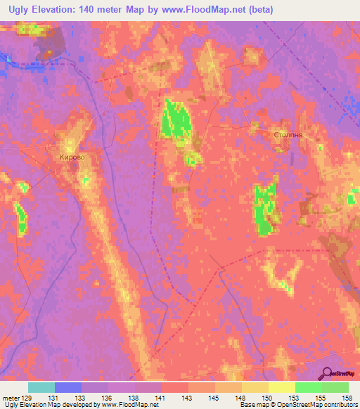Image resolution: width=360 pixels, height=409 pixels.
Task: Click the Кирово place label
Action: pyautogui.click(x=71, y=157)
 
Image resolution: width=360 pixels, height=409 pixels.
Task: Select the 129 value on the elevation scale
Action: pyautogui.click(x=26, y=398)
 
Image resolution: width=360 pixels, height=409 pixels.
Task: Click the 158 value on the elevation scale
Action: pyautogui.click(x=348, y=398)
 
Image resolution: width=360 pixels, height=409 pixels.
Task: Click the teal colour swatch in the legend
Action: pyautogui.click(x=41, y=387)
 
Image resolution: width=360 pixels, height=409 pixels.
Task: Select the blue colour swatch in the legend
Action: pyautogui.click(x=68, y=387)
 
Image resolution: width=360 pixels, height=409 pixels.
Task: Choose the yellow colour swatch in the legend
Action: pyautogui.click(x=281, y=387)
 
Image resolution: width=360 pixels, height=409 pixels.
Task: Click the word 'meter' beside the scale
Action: pyautogui.click(x=11, y=398)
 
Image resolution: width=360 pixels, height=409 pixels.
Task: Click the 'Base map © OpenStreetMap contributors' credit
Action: pyautogui.click(x=298, y=405)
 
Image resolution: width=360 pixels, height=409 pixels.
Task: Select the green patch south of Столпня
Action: pyautogui.click(x=265, y=209)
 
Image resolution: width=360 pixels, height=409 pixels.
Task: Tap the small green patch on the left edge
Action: pyautogui.click(x=21, y=219)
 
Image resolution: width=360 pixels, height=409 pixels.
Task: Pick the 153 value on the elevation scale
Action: pyautogui.click(x=295, y=398)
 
